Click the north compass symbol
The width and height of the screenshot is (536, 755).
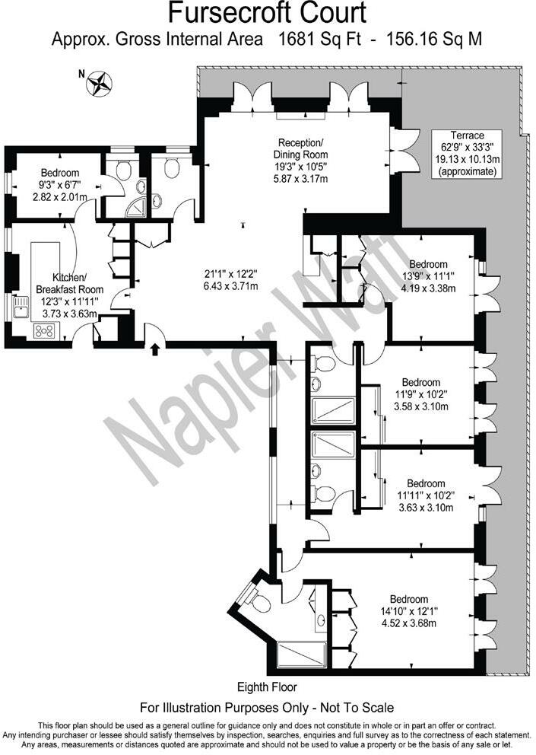click(x=99, y=82)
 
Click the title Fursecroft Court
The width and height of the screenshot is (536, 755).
click(x=267, y=13)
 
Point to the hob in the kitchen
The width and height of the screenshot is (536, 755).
click(x=44, y=330)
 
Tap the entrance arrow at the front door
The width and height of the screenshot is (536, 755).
click(x=155, y=350)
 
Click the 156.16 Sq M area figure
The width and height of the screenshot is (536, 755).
click(x=434, y=39)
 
